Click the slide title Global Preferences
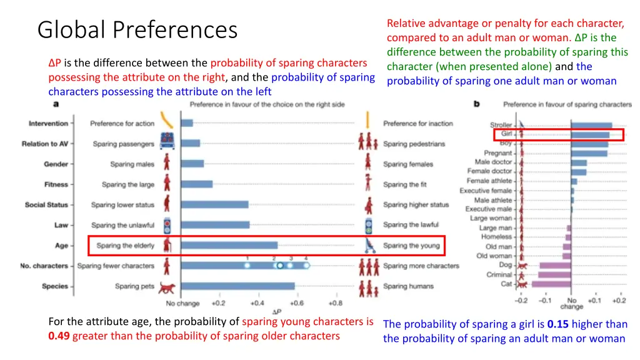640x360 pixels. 137,30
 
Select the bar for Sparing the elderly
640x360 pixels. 229,246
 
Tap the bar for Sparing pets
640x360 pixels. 237,286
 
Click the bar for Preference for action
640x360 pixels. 187,123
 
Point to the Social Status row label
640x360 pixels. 46,205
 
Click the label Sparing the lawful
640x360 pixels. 411,225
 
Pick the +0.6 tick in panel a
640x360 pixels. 296,304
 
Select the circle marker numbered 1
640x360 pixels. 247,266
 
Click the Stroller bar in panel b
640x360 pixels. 591,126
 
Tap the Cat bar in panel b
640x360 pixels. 551,284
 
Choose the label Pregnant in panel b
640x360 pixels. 497,153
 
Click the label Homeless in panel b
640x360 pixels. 496,237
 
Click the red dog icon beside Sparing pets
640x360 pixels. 167,287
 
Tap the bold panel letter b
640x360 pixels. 477,104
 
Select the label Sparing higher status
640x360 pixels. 416,205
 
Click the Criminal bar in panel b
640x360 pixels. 554,275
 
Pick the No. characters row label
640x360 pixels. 44,266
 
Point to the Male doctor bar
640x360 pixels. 579,162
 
